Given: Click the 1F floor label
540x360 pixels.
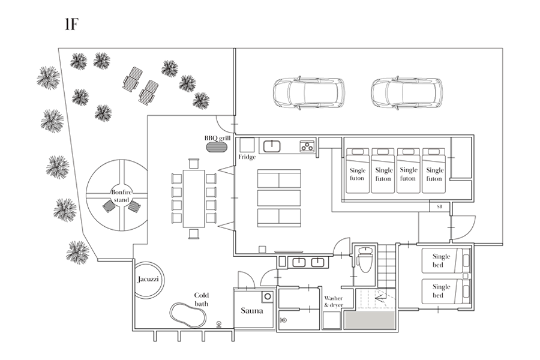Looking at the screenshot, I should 71,25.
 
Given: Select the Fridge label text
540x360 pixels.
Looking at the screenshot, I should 247,157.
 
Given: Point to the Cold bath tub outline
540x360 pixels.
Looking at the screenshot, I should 186,314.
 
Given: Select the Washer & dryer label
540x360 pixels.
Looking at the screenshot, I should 334,301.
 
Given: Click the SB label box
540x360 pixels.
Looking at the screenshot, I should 439,206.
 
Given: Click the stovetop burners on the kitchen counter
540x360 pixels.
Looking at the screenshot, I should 307,145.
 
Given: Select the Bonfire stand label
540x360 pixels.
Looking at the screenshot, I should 120,195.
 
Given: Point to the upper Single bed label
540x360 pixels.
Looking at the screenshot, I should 441,260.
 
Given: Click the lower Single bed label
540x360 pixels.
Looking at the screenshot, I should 441,291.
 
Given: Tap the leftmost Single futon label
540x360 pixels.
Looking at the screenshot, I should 357,174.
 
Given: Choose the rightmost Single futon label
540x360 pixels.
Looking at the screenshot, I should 434,174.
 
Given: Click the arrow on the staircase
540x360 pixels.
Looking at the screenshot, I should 379,295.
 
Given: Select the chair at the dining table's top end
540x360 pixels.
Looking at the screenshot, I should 193,163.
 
